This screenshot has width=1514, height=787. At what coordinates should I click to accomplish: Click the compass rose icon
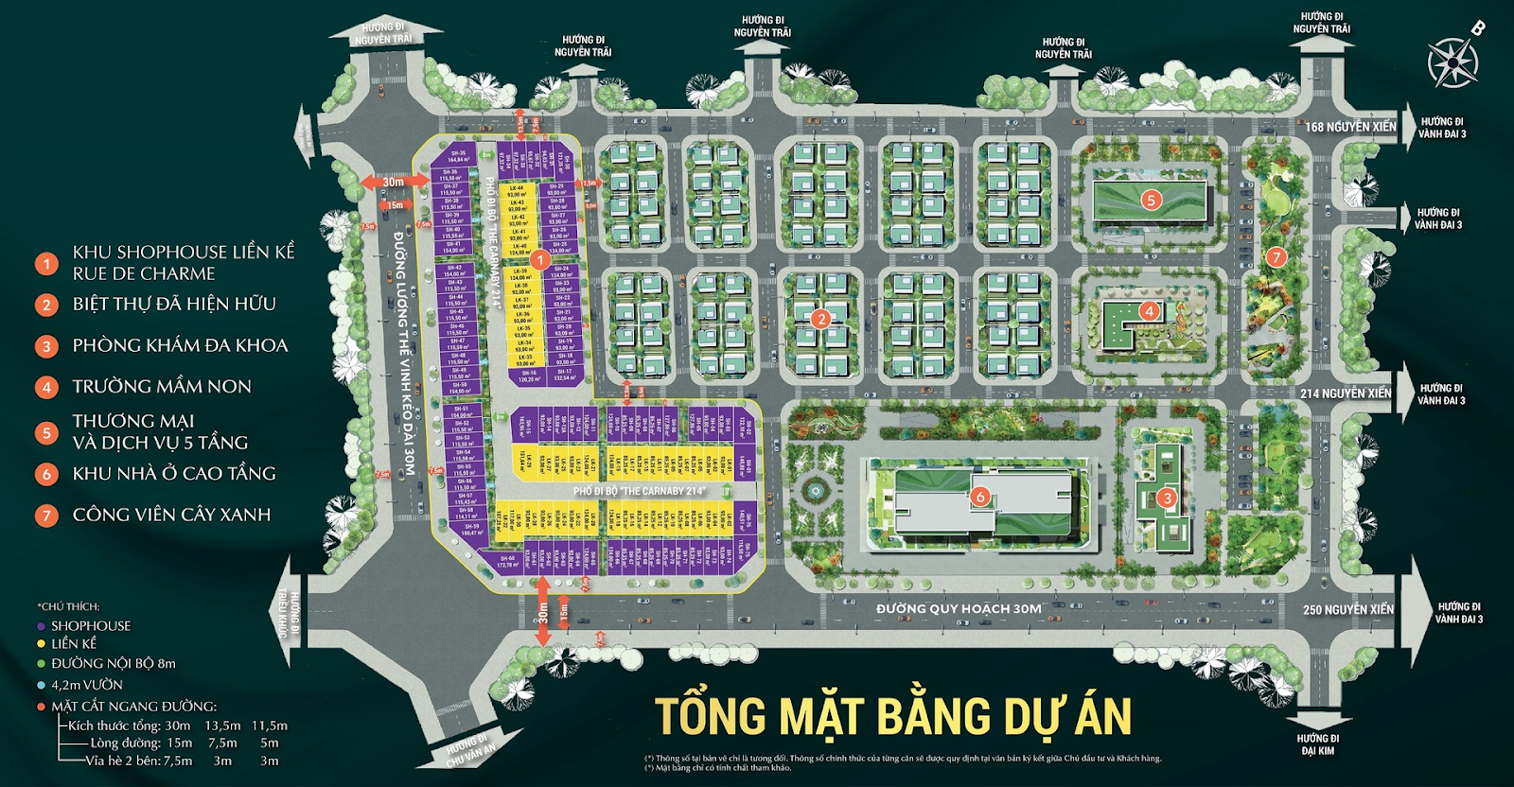pos(1452,61)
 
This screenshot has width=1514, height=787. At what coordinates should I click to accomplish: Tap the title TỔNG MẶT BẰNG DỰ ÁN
pos(893,716)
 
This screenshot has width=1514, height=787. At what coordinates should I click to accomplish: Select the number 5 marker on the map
pos(1151,200)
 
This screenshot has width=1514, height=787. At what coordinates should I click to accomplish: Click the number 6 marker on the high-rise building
pos(980,497)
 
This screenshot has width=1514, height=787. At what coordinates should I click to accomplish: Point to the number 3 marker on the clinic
pos(1167,498)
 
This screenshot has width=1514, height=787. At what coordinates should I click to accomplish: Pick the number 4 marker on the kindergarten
pos(1149,310)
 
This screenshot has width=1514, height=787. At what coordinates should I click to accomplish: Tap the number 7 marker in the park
pos(1276,257)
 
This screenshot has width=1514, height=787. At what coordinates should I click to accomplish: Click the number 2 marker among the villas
pos(820,319)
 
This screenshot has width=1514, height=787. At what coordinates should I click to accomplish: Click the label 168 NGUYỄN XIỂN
pos(1350,127)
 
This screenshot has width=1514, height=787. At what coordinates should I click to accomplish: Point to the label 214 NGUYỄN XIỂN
pos(1346,393)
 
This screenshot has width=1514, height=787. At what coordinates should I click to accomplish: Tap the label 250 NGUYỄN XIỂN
pos(1347,610)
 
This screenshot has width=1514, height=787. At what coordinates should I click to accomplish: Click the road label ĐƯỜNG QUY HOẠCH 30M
pos(958,609)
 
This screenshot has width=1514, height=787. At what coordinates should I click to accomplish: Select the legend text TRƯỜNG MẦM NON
pos(162,386)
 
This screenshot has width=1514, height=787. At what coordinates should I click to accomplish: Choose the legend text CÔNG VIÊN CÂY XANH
pos(171,515)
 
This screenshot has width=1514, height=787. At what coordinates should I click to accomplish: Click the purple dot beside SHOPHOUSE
pos(41,626)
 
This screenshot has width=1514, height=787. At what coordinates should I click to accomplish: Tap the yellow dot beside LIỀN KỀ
pos(41,644)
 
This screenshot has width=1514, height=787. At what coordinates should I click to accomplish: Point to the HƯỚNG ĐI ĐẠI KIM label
pos(1317,744)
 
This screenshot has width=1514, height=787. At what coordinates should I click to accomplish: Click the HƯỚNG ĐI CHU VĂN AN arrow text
pos(470,749)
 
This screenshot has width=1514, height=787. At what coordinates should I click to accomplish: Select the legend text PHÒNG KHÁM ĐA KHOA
pos(180,345)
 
